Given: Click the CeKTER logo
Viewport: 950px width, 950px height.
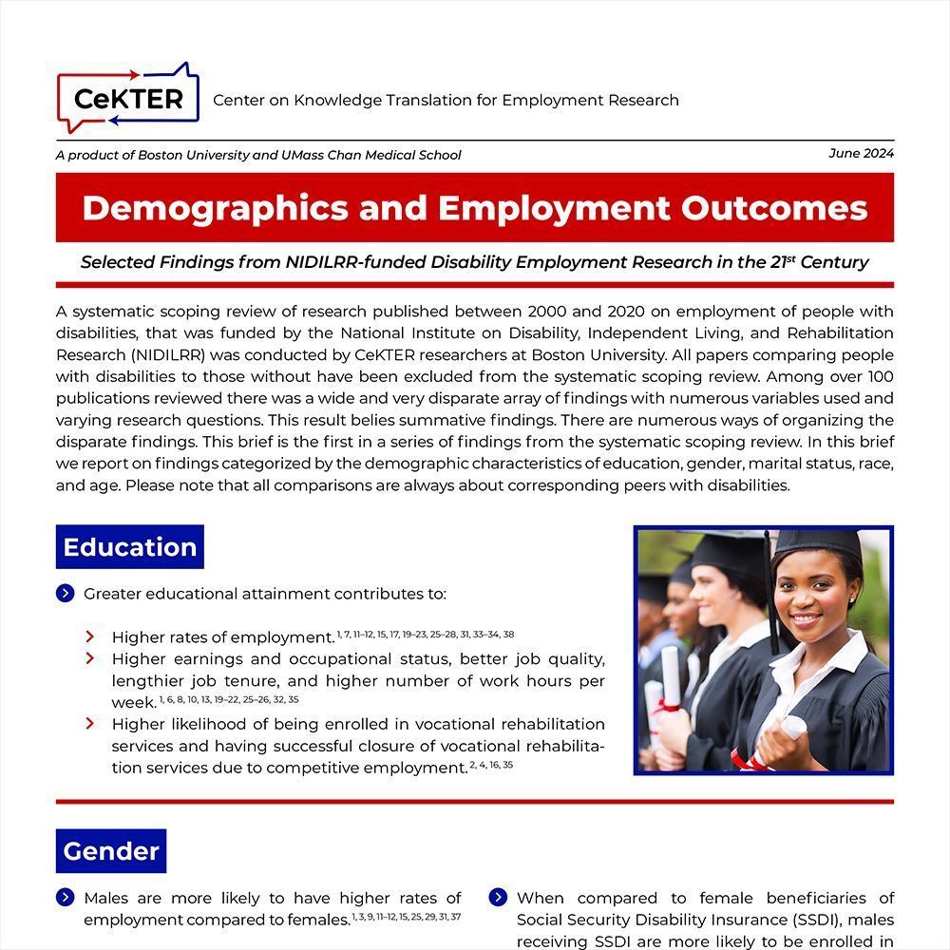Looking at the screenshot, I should click(128, 99).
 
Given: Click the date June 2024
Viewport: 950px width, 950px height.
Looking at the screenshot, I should click(861, 153).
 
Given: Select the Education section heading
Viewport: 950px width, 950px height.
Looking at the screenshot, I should click(129, 547).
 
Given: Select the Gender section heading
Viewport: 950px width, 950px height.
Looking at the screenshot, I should click(110, 851).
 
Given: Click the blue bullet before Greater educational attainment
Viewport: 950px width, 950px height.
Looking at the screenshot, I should click(66, 594).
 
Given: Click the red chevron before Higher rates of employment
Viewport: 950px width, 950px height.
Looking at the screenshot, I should click(90, 636).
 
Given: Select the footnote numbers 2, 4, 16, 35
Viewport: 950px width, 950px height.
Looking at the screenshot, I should click(491, 764).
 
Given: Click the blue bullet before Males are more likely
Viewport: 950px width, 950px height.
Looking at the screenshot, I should click(66, 898).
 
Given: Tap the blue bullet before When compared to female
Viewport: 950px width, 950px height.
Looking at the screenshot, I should click(498, 898).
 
